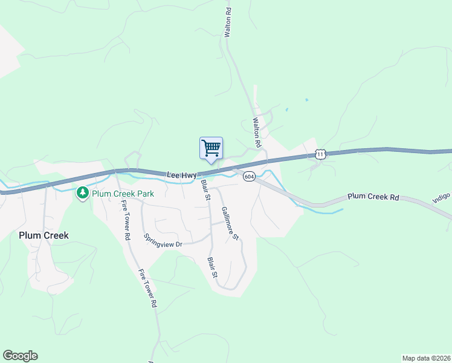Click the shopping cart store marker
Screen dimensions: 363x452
click(211, 148)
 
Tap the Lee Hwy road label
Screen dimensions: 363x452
click(181, 175)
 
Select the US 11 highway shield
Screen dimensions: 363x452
click(320, 155)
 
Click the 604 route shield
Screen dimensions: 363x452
click(249, 176)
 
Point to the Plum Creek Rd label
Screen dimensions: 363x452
click(373, 197)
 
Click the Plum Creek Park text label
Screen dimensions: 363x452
click(123, 194)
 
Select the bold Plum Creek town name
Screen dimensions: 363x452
click(44, 235)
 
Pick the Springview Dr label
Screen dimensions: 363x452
click(163, 241)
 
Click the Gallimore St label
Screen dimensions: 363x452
click(230, 224)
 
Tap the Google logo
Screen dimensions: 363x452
click(20, 356)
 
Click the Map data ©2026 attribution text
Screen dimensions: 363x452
click(427, 358)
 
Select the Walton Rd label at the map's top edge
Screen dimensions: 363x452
click(228, 23)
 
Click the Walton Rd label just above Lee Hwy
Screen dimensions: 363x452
click(256, 133)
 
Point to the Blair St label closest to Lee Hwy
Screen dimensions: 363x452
click(205, 189)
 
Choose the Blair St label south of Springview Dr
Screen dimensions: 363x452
click(212, 267)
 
